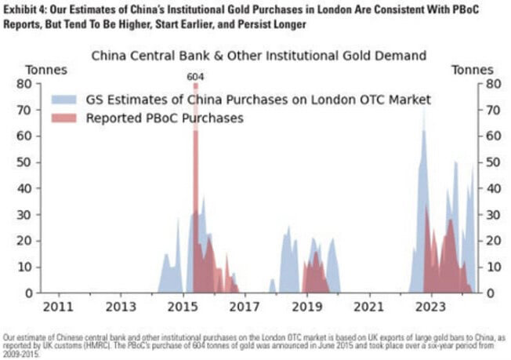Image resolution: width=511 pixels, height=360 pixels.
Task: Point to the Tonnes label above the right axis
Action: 473,70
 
